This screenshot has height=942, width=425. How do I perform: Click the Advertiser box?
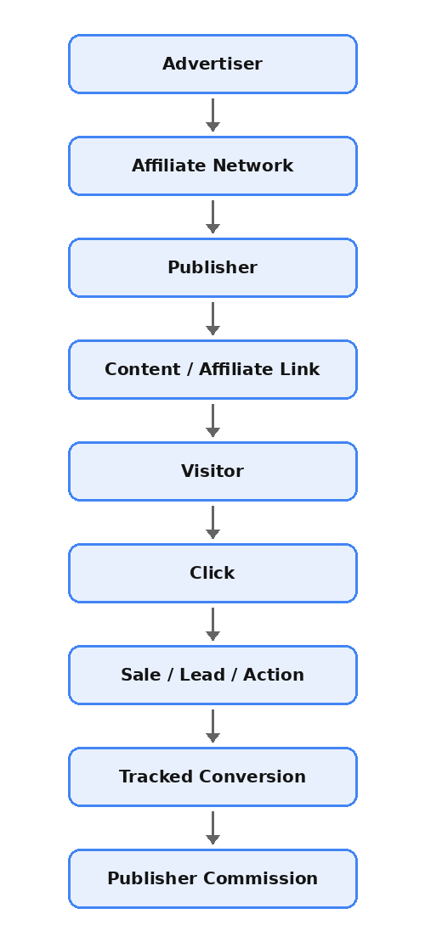(212, 64)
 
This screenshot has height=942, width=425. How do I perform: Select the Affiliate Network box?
(212, 165)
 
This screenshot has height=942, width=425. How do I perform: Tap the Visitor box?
(212, 471)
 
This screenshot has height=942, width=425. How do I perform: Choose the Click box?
(212, 573)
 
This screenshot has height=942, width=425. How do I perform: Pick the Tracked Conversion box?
(212, 777)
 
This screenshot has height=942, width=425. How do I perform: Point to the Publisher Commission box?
(212, 878)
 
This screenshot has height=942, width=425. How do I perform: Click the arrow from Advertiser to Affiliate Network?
(212, 115)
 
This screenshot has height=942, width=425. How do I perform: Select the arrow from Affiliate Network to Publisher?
(212, 217)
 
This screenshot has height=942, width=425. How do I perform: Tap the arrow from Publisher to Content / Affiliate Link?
(212, 318)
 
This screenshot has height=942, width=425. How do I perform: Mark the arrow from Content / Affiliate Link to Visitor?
(212, 421)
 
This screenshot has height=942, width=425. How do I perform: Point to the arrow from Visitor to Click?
(212, 522)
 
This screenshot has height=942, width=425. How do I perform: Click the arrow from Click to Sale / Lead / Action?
(212, 625)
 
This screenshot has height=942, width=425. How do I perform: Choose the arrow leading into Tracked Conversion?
(212, 726)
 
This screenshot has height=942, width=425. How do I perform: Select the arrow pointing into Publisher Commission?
(212, 827)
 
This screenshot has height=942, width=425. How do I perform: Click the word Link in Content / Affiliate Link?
(300, 369)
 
